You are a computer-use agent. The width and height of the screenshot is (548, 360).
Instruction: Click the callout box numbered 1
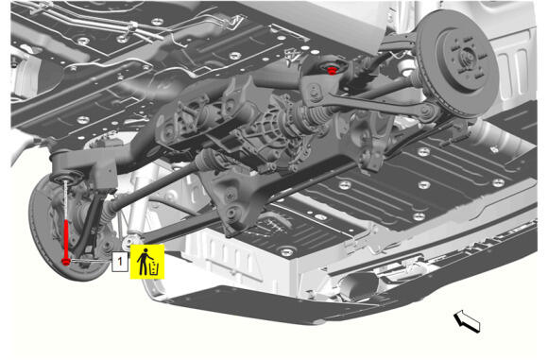pyautogui.click(x=120, y=262)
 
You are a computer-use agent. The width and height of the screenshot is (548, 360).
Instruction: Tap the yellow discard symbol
pyautogui.click(x=147, y=262)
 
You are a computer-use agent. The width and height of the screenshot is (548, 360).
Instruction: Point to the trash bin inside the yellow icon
pyautogui.click(x=154, y=267)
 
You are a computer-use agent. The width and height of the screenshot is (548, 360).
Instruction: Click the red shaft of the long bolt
pyautogui.click(x=66, y=239)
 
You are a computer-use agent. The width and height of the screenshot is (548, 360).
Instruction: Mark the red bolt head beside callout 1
pyautogui.click(x=66, y=262)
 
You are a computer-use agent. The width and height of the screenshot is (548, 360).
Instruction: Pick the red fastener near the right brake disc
pyautogui.click(x=332, y=70)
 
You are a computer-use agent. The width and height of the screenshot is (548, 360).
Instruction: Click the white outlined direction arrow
pyautogui.click(x=468, y=320)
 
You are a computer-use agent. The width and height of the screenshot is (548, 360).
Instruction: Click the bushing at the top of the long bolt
pyautogui.click(x=66, y=178)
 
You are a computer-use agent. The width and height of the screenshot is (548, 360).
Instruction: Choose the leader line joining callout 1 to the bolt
pyautogui.click(x=92, y=261)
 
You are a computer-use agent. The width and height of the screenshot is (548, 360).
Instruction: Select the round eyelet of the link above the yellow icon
pyautogui.click(x=129, y=241)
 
